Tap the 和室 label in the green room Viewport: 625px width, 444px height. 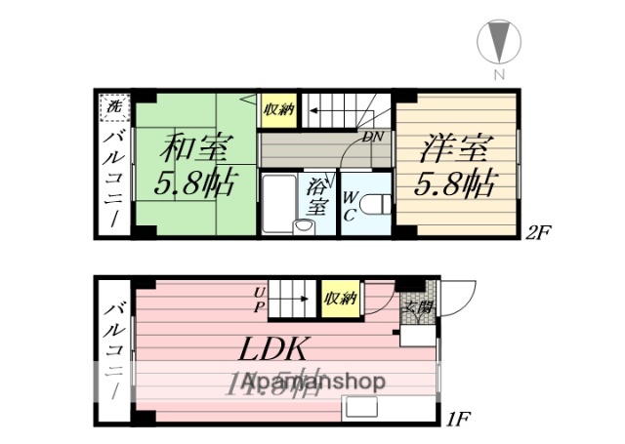click(x=196, y=150)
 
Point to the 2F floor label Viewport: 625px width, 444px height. click(x=540, y=233)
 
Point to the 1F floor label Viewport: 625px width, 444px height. click(x=460, y=421)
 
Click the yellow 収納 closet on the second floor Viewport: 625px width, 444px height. click(x=277, y=109)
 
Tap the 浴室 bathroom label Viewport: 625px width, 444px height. click(x=317, y=196)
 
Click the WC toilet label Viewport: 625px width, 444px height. click(x=349, y=205)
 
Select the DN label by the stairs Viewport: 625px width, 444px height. click(x=372, y=137)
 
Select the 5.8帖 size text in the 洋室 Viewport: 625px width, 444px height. click(x=454, y=182)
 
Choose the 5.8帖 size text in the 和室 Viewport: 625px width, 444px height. click(x=195, y=183)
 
